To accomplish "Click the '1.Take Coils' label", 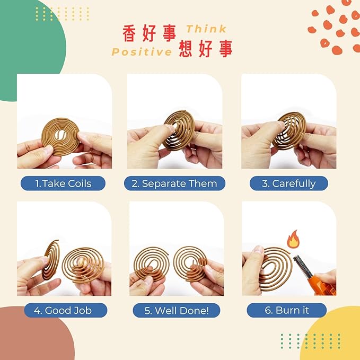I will [x=63, y=183].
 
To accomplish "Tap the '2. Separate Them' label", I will [x=174, y=183].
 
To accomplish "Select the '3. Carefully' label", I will [x=289, y=183].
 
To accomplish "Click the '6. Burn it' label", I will [x=286, y=310].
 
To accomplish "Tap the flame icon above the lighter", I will [x=293, y=240].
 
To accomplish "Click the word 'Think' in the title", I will [x=206, y=29].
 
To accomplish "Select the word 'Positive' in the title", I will [x=142, y=52].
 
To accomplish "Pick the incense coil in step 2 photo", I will [x=179, y=130].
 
